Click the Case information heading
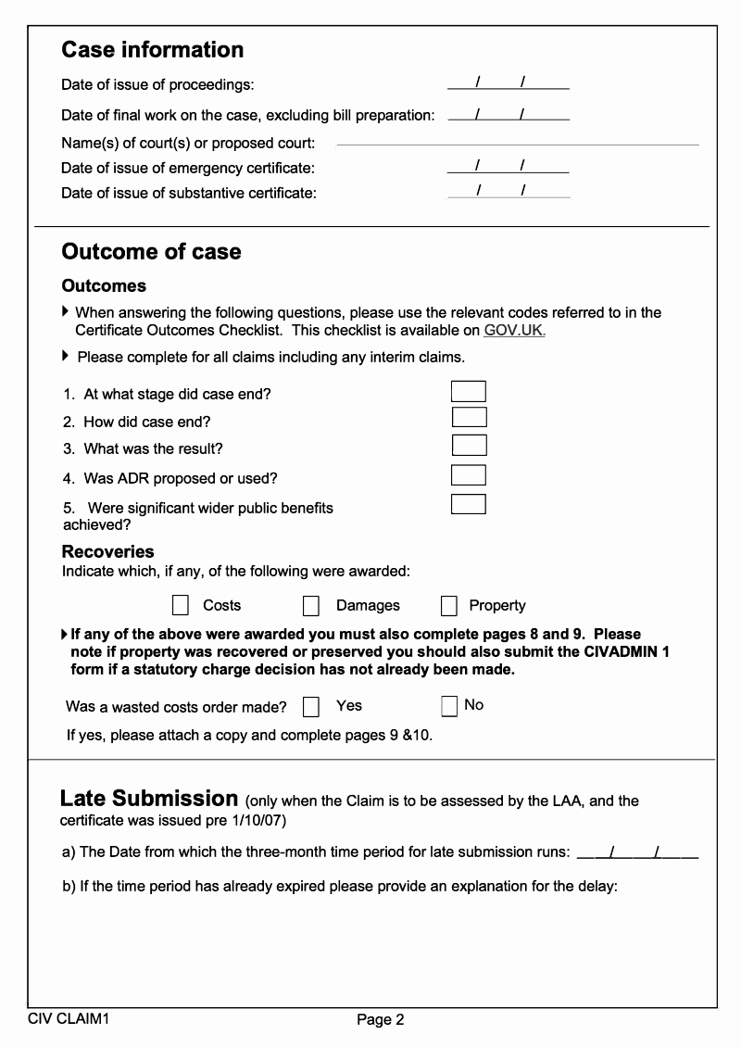click(153, 50)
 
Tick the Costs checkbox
click(181, 606)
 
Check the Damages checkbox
click(311, 606)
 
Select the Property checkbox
click(449, 606)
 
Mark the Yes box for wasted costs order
click(311, 707)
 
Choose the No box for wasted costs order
click(449, 706)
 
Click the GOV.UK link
click(514, 331)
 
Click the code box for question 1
click(469, 392)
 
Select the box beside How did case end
click(469, 418)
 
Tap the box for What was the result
click(469, 446)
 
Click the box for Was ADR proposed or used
click(469, 475)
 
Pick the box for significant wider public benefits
click(469, 505)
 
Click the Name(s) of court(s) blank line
click(517, 143)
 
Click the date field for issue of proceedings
click(508, 84)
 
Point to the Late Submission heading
click(149, 799)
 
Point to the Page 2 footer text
click(381, 1020)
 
